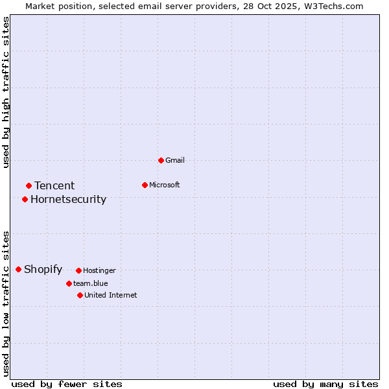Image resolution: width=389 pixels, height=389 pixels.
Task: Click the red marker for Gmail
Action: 161,160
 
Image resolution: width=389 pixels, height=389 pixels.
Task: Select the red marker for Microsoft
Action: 145,185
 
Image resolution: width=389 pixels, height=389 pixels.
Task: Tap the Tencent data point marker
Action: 29,186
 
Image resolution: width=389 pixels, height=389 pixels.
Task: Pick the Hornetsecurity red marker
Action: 25,199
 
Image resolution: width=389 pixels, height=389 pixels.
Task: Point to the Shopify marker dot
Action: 18,269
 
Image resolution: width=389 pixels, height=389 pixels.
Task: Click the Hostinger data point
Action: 78,270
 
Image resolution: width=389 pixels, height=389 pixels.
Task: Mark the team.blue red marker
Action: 69,283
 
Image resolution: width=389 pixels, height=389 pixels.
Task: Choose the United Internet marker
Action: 80,295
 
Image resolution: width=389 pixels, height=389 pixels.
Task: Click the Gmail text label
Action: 175,160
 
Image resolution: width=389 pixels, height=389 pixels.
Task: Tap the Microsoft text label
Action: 165,185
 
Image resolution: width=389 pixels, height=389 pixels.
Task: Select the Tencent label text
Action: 54,186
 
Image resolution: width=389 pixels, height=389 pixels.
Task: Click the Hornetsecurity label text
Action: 68,199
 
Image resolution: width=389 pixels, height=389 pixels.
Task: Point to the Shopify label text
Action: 43,270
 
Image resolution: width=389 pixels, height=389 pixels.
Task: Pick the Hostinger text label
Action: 99,270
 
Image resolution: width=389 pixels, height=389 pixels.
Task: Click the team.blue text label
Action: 90,283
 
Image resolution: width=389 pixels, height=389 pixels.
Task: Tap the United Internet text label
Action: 110,295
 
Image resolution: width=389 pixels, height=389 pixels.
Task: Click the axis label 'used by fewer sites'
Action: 67,384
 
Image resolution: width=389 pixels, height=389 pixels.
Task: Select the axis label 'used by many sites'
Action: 325,384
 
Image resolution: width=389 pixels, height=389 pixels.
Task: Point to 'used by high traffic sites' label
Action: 6,92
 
